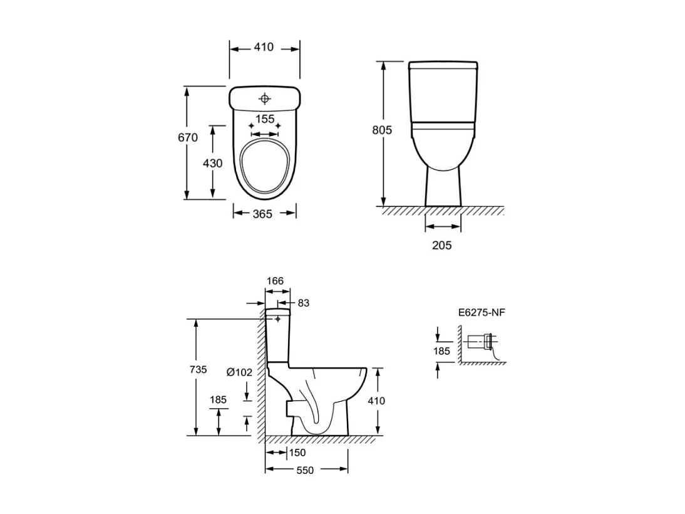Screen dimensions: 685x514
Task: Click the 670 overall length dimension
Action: click(x=187, y=137)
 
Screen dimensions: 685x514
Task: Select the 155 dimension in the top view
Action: click(x=265, y=119)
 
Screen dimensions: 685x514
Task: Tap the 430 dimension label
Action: click(x=213, y=163)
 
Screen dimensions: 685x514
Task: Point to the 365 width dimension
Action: click(x=262, y=214)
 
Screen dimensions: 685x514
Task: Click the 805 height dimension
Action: click(x=382, y=130)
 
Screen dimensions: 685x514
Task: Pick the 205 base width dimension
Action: click(x=441, y=245)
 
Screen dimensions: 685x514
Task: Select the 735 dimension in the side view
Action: click(x=198, y=370)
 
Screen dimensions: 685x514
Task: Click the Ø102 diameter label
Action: click(x=239, y=372)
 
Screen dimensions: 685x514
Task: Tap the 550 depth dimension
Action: click(x=305, y=470)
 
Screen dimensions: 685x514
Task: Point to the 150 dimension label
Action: click(x=297, y=453)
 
